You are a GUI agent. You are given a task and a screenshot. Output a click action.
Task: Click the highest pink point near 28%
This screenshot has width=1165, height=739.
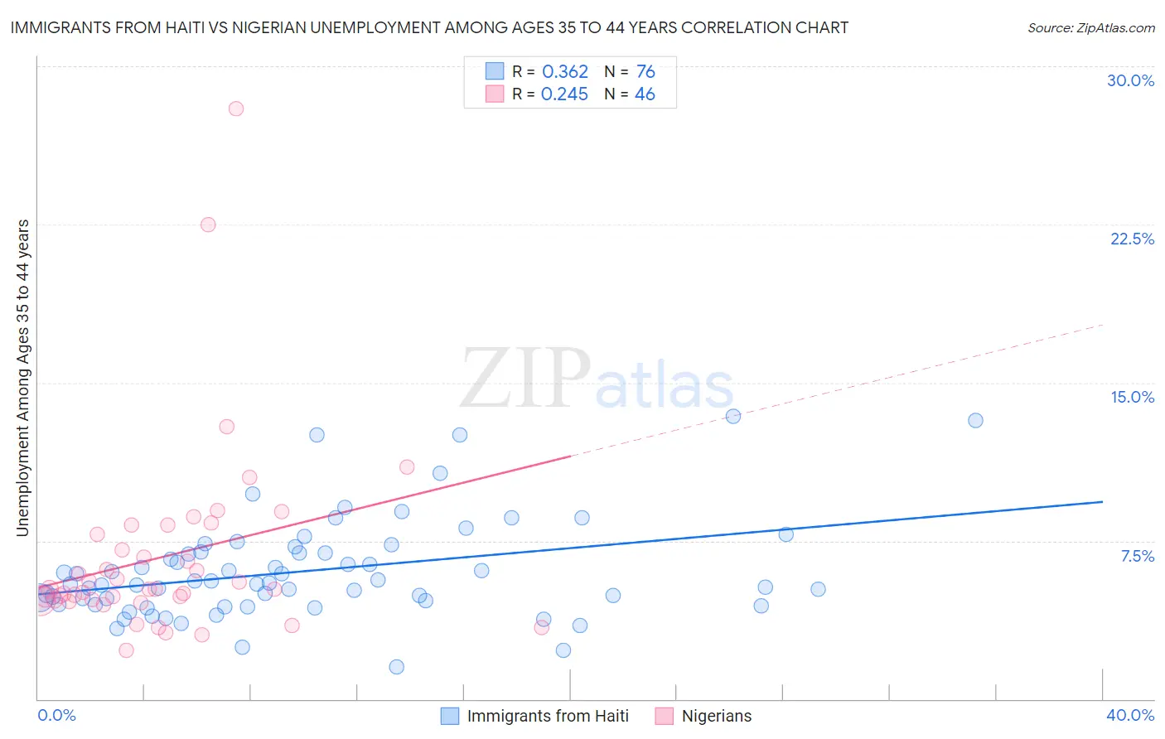(236, 109)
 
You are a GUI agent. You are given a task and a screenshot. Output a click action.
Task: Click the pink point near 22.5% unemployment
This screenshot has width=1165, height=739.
(208, 225)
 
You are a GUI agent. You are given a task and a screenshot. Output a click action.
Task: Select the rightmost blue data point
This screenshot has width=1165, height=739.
(975, 420)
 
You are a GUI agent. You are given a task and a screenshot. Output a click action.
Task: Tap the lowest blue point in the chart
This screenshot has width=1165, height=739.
(397, 667)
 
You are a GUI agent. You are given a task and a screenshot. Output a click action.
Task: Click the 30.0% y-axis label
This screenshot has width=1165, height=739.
(1130, 80)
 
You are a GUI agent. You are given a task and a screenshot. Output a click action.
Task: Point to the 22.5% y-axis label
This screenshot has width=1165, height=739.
(1132, 239)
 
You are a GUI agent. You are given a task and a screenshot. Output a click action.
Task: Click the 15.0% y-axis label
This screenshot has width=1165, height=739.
(1132, 397)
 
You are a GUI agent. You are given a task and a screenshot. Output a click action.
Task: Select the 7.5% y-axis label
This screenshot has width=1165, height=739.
(1137, 556)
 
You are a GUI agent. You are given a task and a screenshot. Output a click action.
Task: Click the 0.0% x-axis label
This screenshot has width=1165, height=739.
(57, 715)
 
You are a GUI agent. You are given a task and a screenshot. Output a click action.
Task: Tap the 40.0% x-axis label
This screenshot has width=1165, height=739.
(1129, 715)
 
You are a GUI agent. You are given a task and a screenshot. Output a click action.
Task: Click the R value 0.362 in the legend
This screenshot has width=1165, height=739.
(564, 72)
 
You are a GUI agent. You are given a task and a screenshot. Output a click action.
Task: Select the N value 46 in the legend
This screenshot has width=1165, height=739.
(645, 94)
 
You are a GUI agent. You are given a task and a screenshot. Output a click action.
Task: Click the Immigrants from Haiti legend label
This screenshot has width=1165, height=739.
(547, 716)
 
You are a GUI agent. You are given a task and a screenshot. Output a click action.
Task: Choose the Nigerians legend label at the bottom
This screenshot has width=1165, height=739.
(716, 716)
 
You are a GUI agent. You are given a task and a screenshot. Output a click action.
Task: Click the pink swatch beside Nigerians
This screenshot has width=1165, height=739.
(664, 716)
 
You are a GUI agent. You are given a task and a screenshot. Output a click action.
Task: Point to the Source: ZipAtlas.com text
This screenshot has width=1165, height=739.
(1090, 27)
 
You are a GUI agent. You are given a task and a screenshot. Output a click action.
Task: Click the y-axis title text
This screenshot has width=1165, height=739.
(22, 377)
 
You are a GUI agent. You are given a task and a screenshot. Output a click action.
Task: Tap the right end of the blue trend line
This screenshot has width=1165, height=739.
(1102, 501)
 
